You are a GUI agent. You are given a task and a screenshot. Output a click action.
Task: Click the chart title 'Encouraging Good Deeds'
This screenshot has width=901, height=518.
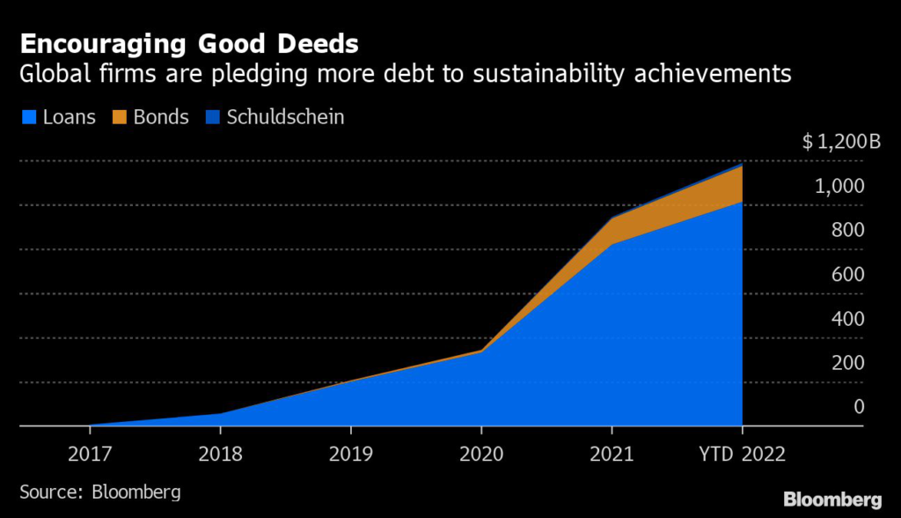pos(189,43)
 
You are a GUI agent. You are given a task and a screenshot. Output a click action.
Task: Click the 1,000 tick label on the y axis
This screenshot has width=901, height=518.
pos(839,187)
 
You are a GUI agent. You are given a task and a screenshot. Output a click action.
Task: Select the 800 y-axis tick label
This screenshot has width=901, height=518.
pos(846,231)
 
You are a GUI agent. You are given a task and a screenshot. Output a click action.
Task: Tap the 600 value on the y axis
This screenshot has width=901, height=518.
pos(846,275)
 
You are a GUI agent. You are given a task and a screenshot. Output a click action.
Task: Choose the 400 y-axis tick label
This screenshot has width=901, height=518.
pos(846,319)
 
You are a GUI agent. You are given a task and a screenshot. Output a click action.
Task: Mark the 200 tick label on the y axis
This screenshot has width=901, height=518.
pos(846,363)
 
